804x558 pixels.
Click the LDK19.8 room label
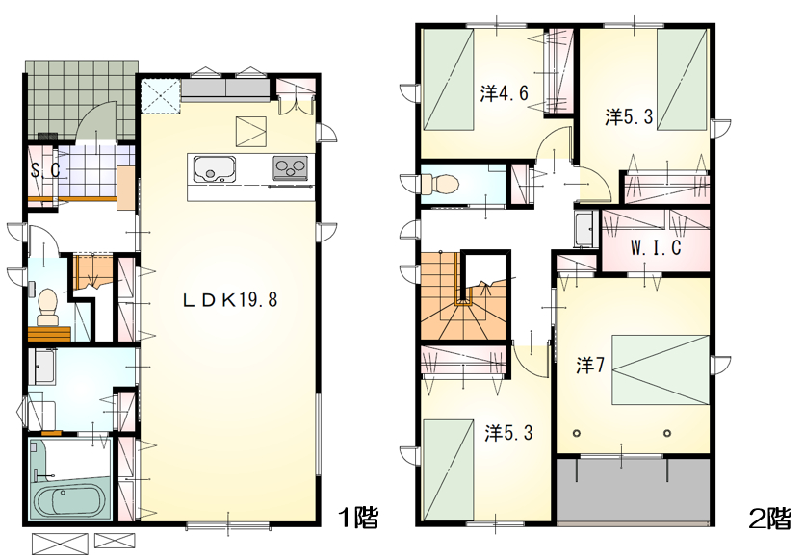click(230, 299)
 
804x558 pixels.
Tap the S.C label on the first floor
click(45, 170)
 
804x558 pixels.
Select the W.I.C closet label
click(656, 247)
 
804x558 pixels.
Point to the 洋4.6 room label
click(504, 93)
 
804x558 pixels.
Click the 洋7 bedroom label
click(590, 366)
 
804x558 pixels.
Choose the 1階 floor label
click(359, 517)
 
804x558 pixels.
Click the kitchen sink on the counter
click(215, 168)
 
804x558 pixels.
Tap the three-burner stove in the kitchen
click(290, 168)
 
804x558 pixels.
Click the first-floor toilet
click(48, 306)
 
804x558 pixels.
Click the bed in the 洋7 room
click(661, 369)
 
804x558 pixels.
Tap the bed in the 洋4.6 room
click(449, 80)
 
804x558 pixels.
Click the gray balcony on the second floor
click(634, 491)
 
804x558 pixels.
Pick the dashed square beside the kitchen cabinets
click(160, 95)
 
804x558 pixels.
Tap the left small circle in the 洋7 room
click(577, 434)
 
